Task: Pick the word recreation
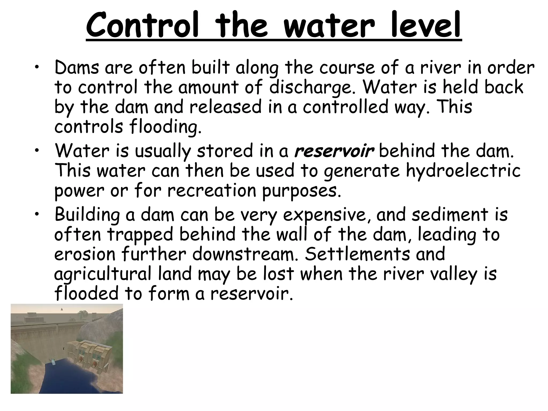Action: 212,191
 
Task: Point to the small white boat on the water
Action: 54,361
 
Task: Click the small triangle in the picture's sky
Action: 62,309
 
